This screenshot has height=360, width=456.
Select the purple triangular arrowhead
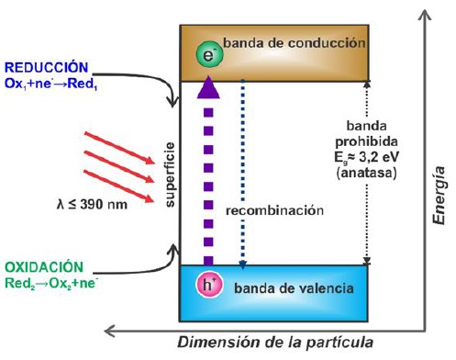click(209, 87)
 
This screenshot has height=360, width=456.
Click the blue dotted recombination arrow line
click(242, 174)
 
